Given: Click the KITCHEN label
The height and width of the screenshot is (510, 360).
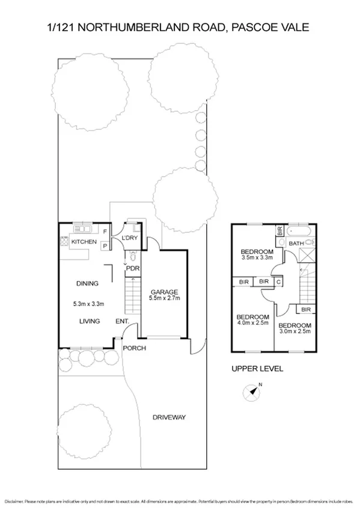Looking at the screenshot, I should click(84, 242).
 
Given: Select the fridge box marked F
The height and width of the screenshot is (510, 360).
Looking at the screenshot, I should click(105, 232).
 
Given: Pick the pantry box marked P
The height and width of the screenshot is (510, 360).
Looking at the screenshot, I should click(105, 245).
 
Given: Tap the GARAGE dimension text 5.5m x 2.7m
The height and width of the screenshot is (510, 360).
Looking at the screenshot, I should click(165, 298).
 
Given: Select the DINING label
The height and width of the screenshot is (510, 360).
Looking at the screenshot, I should click(87, 283).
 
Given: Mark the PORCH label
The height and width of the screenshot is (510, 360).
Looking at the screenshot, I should click(135, 348).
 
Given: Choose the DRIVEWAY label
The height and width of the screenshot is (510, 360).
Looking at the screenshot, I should click(169, 417).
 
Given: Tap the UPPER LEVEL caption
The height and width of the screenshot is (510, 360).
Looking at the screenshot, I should click(257, 369).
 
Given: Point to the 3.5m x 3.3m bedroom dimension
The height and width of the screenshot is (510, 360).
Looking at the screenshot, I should click(257, 259).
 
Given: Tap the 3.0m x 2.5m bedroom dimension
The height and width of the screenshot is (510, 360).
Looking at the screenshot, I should click(294, 330).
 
